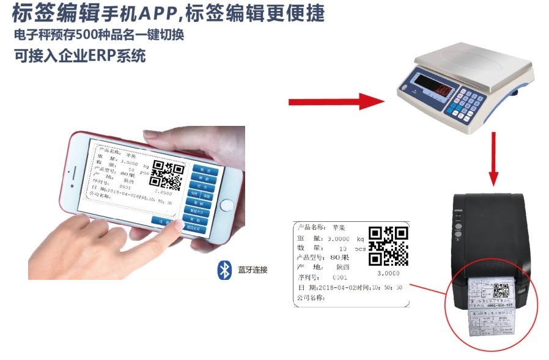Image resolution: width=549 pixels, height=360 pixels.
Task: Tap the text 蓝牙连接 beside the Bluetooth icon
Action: pyautogui.click(x=252, y=270)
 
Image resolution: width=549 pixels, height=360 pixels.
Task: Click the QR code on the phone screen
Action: pyautogui.click(x=166, y=175)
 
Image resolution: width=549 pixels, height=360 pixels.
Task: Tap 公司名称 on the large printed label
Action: pyautogui.click(x=312, y=298)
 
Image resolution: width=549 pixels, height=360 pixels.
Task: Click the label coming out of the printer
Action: pyautogui.click(x=493, y=308)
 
